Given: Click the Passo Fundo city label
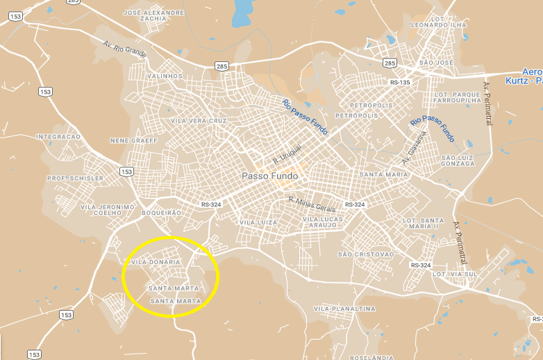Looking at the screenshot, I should pyautogui.click(x=269, y=177).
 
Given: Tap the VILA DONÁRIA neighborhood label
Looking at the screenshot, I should pyautogui.click(x=156, y=262).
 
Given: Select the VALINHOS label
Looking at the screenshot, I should pyautogui.click(x=165, y=76).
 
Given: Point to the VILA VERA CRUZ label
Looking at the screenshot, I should pyautogui.click(x=199, y=121).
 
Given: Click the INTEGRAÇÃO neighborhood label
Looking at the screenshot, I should pyautogui.click(x=58, y=137).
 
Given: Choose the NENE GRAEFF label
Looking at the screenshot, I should pyautogui.click(x=134, y=140).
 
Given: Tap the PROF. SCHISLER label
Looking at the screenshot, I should pyautogui.click(x=75, y=179).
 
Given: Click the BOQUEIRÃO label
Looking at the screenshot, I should pyautogui.click(x=160, y=212).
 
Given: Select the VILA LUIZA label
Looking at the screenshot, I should pyautogui.click(x=258, y=222).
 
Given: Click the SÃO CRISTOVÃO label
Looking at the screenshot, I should pyautogui.click(x=365, y=254).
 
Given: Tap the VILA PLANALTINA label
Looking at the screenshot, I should pyautogui.click(x=344, y=309).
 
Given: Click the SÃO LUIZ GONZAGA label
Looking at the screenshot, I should pyautogui.click(x=458, y=161).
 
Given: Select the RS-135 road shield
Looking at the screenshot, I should pyautogui.click(x=400, y=83).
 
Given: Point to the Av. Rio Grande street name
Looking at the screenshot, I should pyautogui.click(x=125, y=50).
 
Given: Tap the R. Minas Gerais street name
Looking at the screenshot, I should pyautogui.click(x=312, y=202).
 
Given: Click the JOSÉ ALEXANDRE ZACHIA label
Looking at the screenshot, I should pyautogui.click(x=153, y=15).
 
